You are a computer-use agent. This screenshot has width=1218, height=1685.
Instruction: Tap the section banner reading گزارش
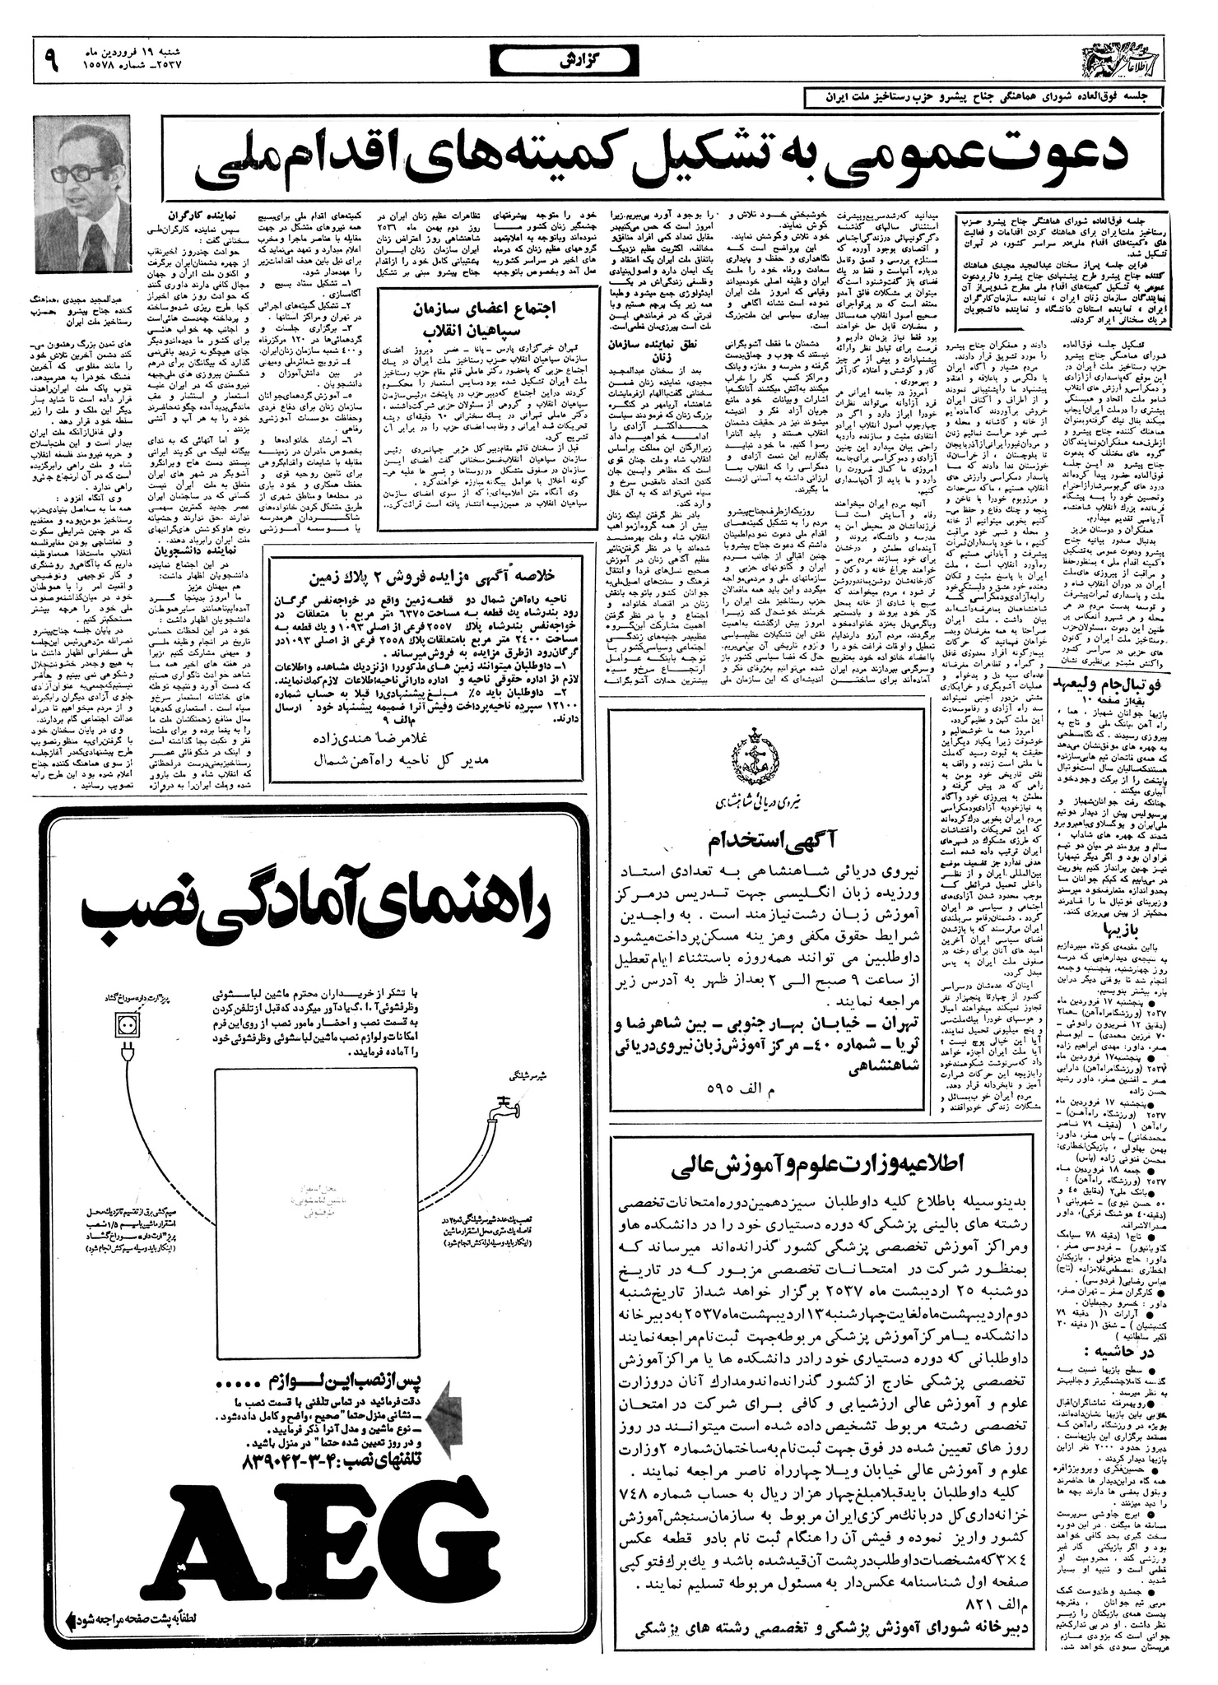click(568, 60)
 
